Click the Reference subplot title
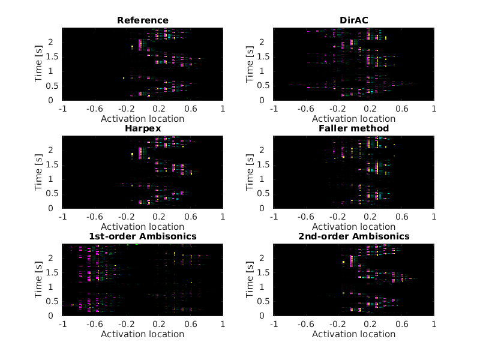(x=143, y=20)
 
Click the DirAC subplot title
(x=353, y=20)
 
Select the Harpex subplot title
(x=143, y=128)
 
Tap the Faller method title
(x=353, y=128)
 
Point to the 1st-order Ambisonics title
(x=143, y=236)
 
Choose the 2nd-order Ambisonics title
(x=353, y=236)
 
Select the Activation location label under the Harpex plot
(x=143, y=226)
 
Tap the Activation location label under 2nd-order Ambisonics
(x=353, y=334)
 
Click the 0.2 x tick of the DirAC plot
(x=370, y=109)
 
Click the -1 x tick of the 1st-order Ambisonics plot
(x=62, y=325)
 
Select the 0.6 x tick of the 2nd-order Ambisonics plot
(x=401, y=325)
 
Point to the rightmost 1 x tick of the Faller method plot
(x=434, y=217)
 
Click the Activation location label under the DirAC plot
(x=353, y=118)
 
